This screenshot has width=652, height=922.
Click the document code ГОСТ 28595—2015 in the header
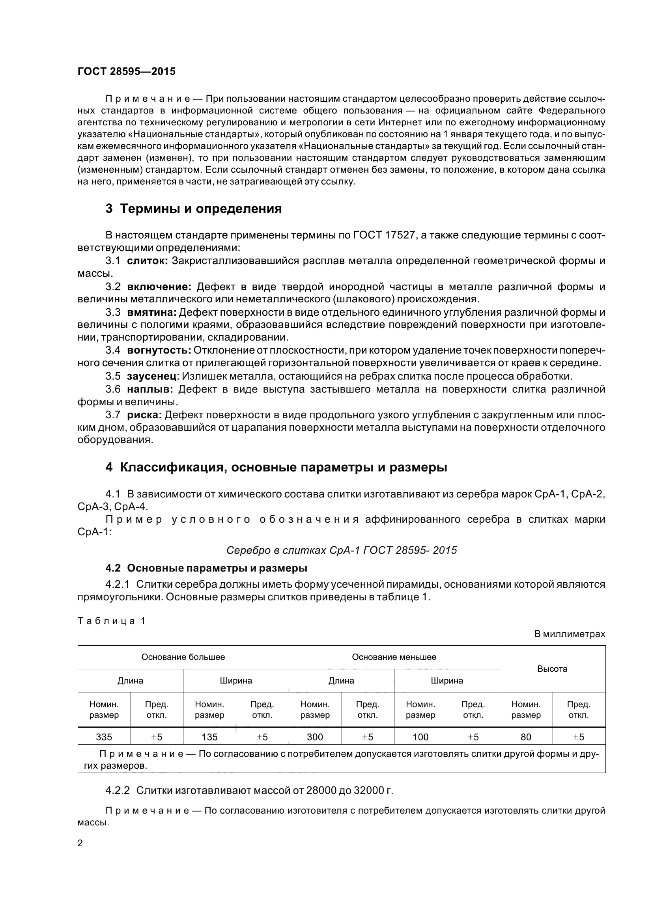[127, 72]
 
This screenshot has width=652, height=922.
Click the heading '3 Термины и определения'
[194, 209]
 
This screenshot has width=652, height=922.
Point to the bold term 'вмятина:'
[152, 313]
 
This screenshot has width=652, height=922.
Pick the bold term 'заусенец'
[152, 376]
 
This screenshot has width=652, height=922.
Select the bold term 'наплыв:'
[150, 389]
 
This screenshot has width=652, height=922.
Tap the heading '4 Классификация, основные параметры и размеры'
[276, 468]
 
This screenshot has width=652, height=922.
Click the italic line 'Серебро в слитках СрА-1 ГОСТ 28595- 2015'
[342, 550]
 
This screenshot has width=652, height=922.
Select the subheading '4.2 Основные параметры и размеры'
[207, 568]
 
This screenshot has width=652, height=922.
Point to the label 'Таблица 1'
[111, 621]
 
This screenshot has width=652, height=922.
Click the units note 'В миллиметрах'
[570, 634]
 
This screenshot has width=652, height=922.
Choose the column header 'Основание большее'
[183, 657]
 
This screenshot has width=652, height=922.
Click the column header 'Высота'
[552, 669]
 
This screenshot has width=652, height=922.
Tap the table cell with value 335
[104, 737]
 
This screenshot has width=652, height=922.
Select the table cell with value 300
[315, 737]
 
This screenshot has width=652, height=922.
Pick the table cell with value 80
[526, 737]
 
